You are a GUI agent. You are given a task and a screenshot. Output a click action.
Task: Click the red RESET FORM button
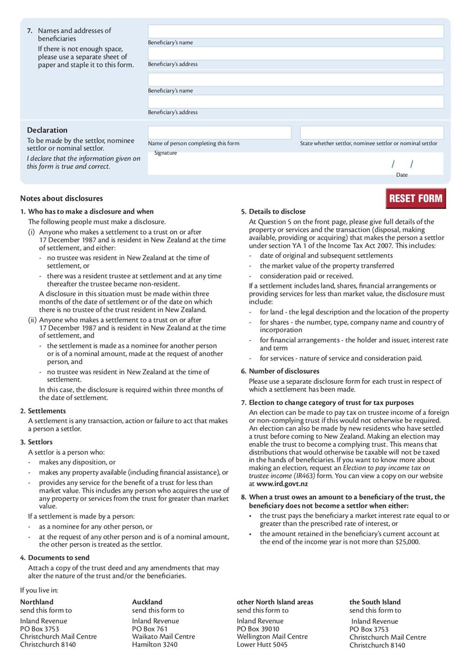coord(415,199)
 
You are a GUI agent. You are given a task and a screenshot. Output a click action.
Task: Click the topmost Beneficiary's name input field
coord(295,32)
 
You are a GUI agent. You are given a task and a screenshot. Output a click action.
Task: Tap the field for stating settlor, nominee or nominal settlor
coord(372,132)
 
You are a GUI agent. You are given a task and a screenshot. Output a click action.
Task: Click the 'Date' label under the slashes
coord(402,175)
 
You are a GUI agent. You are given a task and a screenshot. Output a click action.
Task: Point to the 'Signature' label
coord(165,153)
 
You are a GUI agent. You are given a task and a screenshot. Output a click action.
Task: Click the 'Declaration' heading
coord(47,130)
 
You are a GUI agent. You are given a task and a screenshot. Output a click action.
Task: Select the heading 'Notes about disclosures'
coord(61,198)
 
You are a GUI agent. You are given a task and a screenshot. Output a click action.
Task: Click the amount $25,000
coord(407,542)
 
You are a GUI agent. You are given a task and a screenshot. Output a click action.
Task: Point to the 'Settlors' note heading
coord(40,441)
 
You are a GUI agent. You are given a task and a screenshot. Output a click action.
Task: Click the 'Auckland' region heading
coord(147,602)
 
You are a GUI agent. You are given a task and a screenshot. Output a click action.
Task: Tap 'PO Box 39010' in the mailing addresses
coord(258,629)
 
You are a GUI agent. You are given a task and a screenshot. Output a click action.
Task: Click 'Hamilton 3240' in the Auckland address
coord(154,644)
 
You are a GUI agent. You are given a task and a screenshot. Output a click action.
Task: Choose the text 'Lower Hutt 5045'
coord(262,644)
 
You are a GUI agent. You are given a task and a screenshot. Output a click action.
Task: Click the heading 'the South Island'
coord(374,602)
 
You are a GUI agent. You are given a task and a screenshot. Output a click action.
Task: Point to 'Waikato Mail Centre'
coord(163,636)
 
